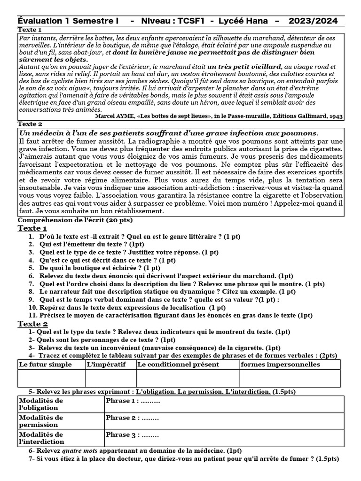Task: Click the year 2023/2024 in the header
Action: coord(313,21)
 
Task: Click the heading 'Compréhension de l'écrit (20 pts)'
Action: coord(75,220)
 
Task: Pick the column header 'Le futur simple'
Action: coord(45,365)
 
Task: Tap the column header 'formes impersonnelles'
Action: coord(280,365)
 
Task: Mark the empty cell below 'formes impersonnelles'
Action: coord(290,378)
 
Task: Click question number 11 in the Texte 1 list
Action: coord(33,315)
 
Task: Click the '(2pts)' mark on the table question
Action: coord(327,355)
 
